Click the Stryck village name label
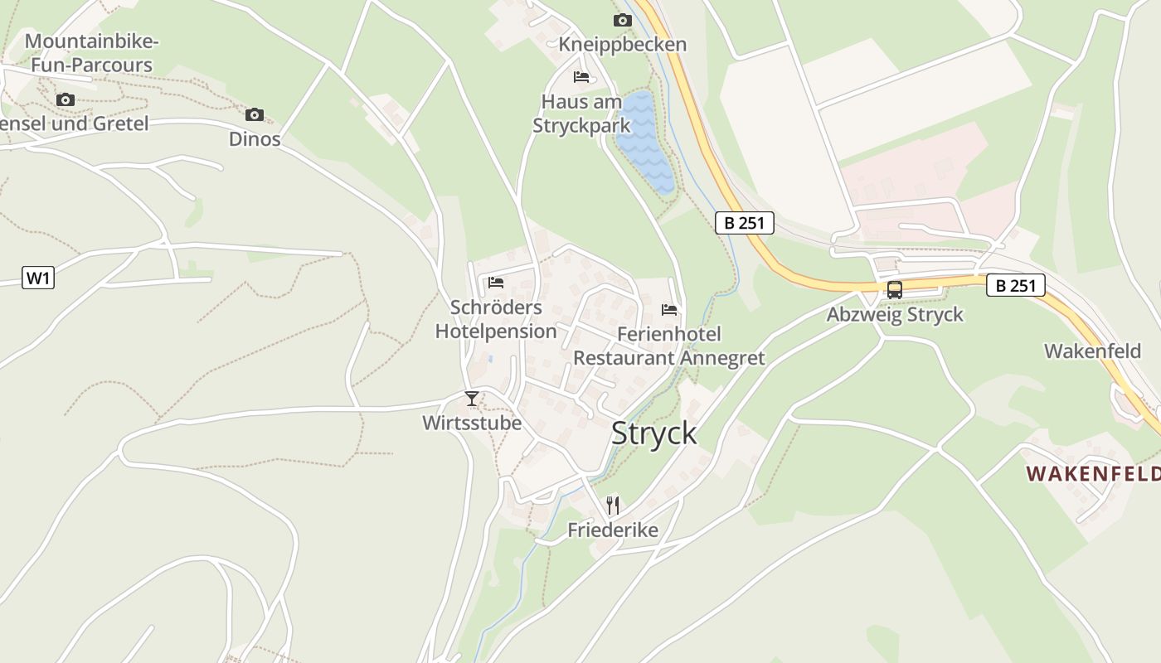tap(653, 433)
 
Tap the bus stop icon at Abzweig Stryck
tap(894, 290)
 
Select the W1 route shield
tap(38, 278)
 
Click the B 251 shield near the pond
tap(744, 222)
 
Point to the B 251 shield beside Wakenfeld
tap(1015, 285)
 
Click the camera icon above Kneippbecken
tap(622, 20)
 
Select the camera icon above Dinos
tap(255, 114)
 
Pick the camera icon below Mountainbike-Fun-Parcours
tap(66, 100)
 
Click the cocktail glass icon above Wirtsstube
tap(472, 399)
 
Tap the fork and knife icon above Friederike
tap(613, 505)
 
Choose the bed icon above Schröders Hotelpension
tap(496, 283)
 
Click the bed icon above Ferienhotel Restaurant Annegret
tap(669, 310)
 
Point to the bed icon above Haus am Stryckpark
tap(581, 77)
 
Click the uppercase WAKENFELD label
tap(1093, 474)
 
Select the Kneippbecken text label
tap(622, 44)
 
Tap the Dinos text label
tap(255, 138)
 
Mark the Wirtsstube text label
tap(472, 423)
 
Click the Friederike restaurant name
tap(613, 530)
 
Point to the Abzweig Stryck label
tap(895, 314)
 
